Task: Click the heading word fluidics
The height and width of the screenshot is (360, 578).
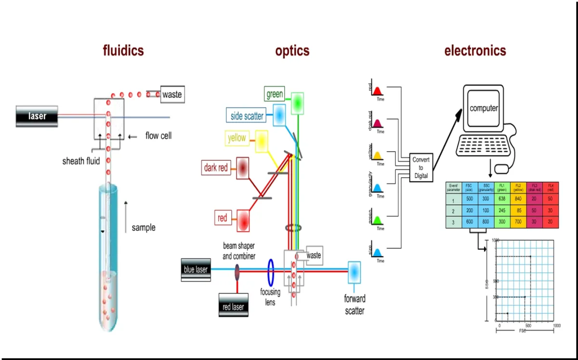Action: [x=123, y=51]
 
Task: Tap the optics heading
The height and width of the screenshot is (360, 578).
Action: [x=292, y=51]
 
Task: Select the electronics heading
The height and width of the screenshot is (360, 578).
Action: [x=475, y=51]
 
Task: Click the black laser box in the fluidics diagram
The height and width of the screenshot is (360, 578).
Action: [x=37, y=116]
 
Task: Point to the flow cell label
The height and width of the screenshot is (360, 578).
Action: [x=158, y=136]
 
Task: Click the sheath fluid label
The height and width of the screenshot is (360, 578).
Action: [x=81, y=161]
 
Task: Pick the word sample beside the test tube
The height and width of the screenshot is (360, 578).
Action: [x=144, y=227]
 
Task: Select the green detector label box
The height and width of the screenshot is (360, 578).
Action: [x=275, y=94]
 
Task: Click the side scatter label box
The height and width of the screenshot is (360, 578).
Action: [x=247, y=116]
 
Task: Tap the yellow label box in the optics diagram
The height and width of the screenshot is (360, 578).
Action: [x=237, y=138]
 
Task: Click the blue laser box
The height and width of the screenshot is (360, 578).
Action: [x=196, y=270]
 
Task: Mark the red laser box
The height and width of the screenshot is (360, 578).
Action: [x=234, y=307]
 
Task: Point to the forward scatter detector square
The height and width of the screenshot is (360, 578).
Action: [x=354, y=271]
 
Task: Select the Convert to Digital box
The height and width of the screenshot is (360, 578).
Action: [x=421, y=167]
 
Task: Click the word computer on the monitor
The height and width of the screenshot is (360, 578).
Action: [x=484, y=108]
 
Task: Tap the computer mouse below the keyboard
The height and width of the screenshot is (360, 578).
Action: [x=502, y=168]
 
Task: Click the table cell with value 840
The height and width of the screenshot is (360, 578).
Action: [x=519, y=199]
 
